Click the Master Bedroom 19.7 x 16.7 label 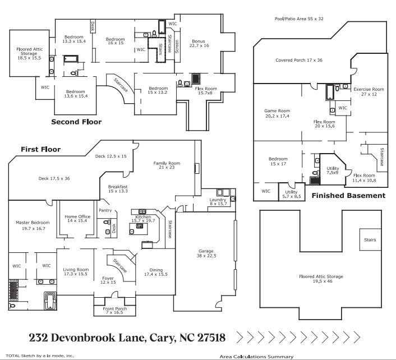pyautogui.click(x=32, y=225)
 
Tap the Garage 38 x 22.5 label pyautogui.click(x=207, y=253)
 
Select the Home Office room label pyautogui.click(x=77, y=219)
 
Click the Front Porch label pyautogui.click(x=114, y=311)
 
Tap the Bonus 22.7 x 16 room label pyautogui.click(x=199, y=44)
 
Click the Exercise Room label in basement pyautogui.click(x=368, y=91)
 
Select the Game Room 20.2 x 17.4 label pyautogui.click(x=277, y=113)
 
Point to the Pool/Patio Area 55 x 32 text pyautogui.click(x=299, y=19)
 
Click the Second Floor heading pyautogui.click(x=76, y=122)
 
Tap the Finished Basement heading pyautogui.click(x=348, y=196)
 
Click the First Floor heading pyautogui.click(x=40, y=150)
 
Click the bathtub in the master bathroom pyautogui.click(x=50, y=300)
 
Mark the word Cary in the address pyautogui.click(x=161, y=338)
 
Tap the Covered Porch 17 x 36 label pyautogui.click(x=299, y=60)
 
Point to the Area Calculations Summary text pyautogui.click(x=256, y=356)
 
